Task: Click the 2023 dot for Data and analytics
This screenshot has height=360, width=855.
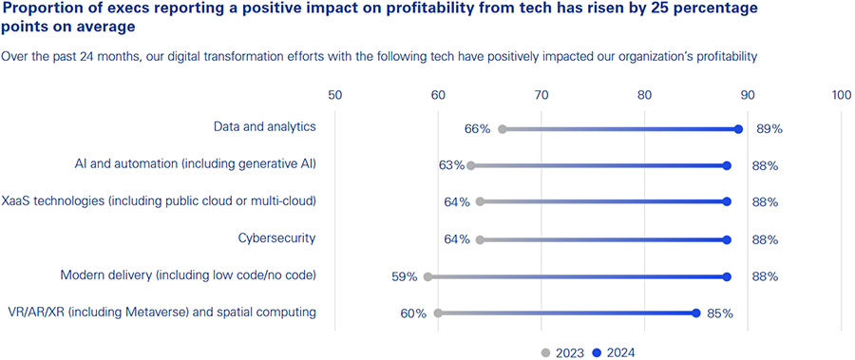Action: [503, 129]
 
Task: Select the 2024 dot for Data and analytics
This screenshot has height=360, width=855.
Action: [738, 129]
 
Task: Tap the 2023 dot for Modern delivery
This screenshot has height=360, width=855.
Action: [428, 276]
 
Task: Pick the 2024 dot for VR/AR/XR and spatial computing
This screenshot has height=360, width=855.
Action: [696, 313]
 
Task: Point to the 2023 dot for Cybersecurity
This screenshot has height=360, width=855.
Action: [480, 239]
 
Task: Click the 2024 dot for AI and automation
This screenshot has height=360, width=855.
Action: [727, 165]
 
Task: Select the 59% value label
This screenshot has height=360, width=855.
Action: [404, 276]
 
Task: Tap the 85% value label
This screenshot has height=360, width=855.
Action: [719, 313]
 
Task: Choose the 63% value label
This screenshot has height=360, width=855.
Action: [451, 165]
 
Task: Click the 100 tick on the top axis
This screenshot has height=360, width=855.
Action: [841, 95]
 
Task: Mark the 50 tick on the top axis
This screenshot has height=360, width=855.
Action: [334, 95]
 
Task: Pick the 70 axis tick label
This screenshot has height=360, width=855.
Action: [541, 95]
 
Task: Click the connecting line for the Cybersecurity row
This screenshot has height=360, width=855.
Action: [603, 239]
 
